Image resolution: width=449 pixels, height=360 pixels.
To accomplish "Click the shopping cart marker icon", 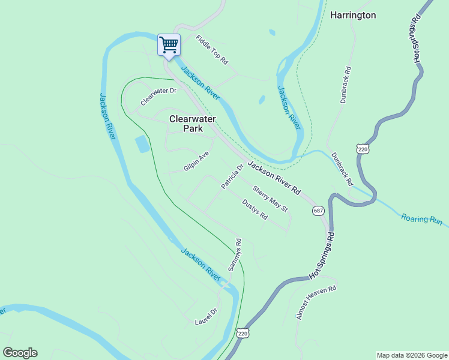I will coord(169,44).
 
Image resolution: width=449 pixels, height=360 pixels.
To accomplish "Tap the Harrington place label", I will coord(353,15).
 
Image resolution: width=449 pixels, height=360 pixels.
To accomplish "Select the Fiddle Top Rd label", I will coord(212,50).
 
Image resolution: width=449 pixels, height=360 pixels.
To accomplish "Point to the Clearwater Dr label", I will coord(158,95).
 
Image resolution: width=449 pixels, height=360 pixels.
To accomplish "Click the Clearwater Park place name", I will coord(192,124).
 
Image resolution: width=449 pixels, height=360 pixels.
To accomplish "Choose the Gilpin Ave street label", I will coord(196,161).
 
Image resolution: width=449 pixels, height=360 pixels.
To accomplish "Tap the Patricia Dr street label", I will coord(232,177).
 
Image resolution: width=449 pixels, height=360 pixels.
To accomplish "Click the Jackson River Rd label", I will coord(274,178).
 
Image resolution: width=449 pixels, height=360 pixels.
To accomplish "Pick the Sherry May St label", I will coord(270,199).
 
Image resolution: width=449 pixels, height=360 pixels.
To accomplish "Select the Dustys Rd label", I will coord(255,209).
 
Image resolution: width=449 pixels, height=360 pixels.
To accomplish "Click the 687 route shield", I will coord(318,211).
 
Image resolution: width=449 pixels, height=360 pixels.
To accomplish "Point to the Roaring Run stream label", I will coord(421,220).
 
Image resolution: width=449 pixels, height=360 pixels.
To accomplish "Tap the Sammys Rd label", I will coord(234,254).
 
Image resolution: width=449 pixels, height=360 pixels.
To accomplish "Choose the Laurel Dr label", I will coord(205,316).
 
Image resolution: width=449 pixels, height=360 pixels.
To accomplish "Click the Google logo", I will coord(20,353).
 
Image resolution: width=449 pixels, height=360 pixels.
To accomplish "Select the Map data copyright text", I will coord(411,355).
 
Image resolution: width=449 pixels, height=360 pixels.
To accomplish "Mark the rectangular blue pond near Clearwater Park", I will coord(142,144).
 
